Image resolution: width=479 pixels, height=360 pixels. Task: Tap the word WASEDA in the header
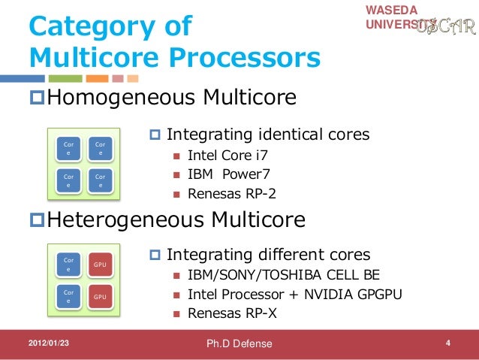389,10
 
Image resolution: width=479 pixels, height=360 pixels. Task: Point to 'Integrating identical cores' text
267,135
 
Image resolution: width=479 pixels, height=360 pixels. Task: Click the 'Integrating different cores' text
268,254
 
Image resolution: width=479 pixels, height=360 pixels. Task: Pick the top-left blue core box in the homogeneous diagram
69,147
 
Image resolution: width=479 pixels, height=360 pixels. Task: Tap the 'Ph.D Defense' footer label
240,344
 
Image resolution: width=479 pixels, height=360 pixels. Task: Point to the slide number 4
447,344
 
